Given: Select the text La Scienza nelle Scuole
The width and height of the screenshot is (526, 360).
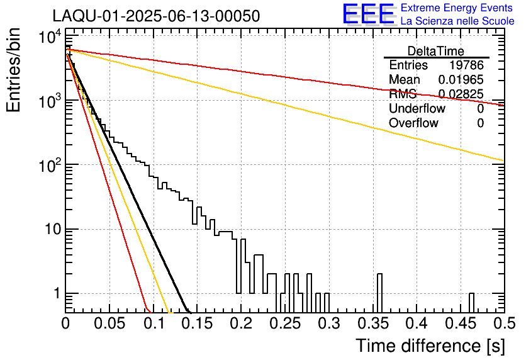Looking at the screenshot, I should pyautogui.click(x=457, y=21).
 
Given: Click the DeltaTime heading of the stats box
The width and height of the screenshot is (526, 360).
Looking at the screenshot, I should pyautogui.click(x=436, y=50).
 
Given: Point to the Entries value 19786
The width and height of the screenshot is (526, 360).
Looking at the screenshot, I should pyautogui.click(x=466, y=65).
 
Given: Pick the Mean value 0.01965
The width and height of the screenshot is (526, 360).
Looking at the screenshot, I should pyautogui.click(x=461, y=80).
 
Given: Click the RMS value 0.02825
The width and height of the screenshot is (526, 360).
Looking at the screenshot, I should pyautogui.click(x=461, y=94).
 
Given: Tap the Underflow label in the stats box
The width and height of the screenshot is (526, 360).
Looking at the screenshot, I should pyautogui.click(x=417, y=109).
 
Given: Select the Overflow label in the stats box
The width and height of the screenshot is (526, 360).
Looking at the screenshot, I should pyautogui.click(x=413, y=123).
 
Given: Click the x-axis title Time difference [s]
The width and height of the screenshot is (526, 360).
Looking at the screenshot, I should pyautogui.click(x=430, y=346).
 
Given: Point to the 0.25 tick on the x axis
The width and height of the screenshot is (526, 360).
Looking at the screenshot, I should pyautogui.click(x=284, y=323).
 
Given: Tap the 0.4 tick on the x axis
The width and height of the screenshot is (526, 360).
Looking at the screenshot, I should pyautogui.click(x=416, y=323).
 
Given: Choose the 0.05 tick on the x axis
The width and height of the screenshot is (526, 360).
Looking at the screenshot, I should pyautogui.click(x=109, y=323).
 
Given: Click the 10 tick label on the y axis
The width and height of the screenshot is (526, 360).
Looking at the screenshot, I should pyautogui.click(x=52, y=229).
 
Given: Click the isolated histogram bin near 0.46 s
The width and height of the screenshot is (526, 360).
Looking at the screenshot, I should pyautogui.click(x=471, y=302).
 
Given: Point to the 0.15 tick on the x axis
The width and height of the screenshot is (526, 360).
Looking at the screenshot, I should pyautogui.click(x=197, y=323).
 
